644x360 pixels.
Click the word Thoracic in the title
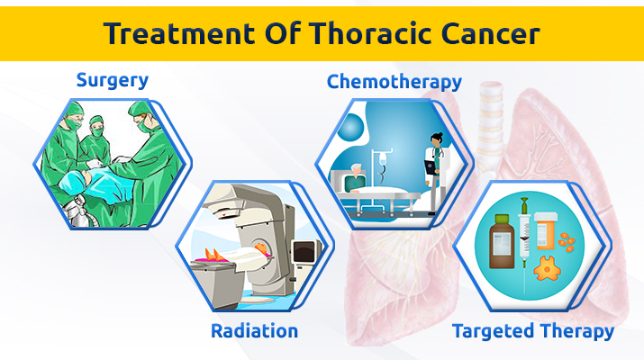[x=371, y=33]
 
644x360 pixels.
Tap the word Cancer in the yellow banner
[x=490, y=33]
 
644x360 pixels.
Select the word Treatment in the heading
[x=179, y=33]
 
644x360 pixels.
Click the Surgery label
[x=112, y=80]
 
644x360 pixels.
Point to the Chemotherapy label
[x=395, y=82]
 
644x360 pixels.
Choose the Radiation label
[x=254, y=331]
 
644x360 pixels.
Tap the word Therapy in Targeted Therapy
[x=576, y=331]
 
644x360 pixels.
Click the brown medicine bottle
[x=502, y=242]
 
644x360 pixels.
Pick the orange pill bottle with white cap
[x=546, y=231]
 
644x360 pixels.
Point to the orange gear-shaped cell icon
[x=547, y=268]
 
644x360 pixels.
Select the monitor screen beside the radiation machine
[x=304, y=252]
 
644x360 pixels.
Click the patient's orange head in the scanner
[x=261, y=248]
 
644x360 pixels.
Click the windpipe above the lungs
[x=491, y=119]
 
